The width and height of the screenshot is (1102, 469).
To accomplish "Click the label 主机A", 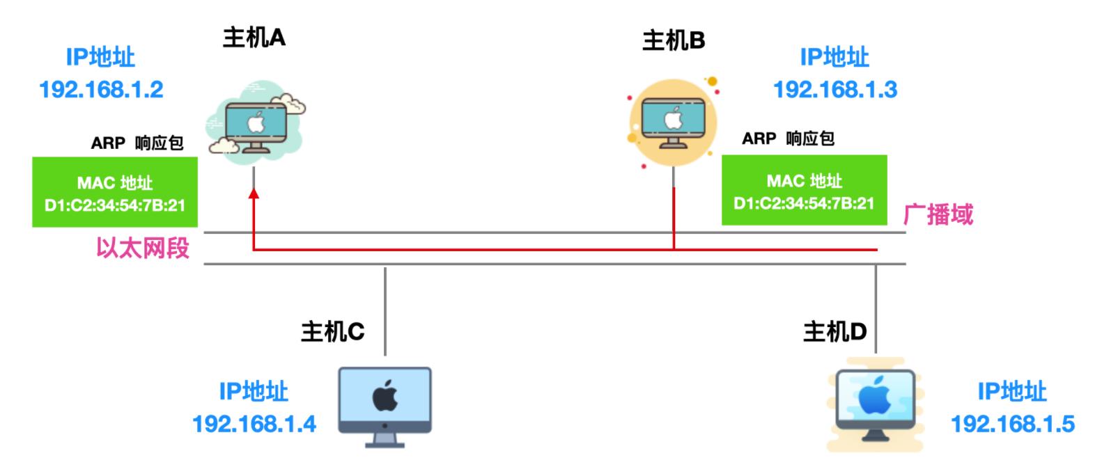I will click(254, 38).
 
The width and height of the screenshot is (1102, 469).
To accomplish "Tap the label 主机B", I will click(673, 41).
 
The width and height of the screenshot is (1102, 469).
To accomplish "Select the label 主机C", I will click(332, 332).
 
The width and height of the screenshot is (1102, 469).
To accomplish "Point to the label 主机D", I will click(835, 332).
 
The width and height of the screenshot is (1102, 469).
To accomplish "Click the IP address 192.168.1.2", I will click(102, 90).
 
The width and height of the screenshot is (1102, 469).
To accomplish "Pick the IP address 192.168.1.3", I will click(835, 90).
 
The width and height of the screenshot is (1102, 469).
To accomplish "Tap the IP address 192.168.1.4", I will click(254, 424).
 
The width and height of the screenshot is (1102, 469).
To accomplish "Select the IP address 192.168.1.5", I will click(1012, 424).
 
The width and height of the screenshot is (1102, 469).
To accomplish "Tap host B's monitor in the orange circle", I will click(673, 122).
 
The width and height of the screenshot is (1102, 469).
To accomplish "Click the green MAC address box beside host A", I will click(115, 192).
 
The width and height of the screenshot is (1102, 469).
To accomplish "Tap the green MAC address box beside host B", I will click(804, 190).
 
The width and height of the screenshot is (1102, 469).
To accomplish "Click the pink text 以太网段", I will click(143, 248).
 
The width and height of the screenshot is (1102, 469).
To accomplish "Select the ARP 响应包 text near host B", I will click(787, 138).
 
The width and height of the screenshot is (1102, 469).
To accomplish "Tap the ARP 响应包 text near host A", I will click(137, 143).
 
